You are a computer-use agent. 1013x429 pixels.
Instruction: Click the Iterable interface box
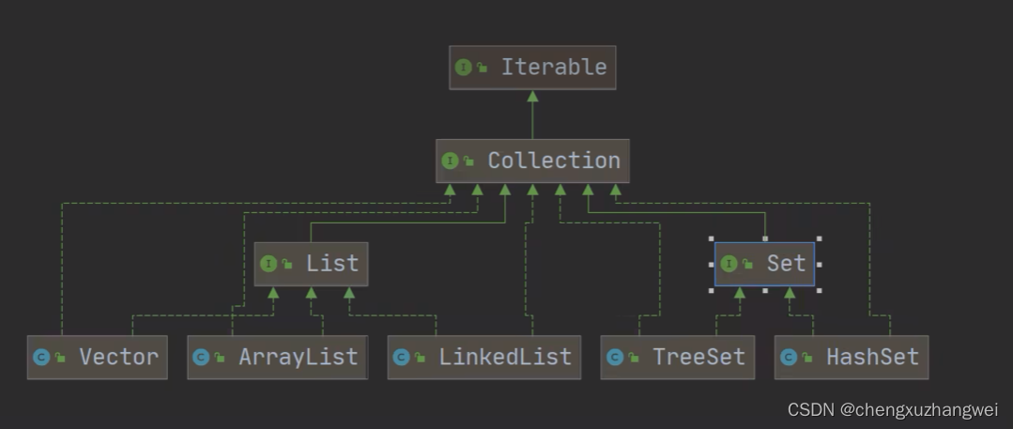532,68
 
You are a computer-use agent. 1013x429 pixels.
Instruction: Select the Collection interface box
532,161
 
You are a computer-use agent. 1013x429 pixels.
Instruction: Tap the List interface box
311,264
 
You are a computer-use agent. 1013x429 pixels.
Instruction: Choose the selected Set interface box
764,264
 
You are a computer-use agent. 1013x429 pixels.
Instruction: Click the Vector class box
97,357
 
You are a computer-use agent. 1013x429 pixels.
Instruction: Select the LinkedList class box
483,357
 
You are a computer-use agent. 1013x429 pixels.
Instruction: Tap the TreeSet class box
677,357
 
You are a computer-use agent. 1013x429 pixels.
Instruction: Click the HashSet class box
851,357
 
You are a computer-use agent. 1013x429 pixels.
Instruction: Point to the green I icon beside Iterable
463,68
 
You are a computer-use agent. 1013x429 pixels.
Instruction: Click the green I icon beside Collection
450,161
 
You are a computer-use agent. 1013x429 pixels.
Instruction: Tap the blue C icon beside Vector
40,357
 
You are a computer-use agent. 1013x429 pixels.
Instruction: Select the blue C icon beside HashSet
788,357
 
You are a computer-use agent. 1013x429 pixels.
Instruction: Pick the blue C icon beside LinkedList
401,357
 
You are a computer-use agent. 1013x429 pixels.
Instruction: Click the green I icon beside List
269,264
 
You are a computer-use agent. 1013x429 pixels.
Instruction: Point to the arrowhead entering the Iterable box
532,95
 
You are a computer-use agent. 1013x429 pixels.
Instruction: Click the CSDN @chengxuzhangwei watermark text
892,409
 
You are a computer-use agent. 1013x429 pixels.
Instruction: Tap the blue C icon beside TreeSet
614,357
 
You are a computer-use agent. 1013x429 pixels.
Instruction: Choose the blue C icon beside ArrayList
200,357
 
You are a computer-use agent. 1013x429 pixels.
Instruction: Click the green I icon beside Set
729,264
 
